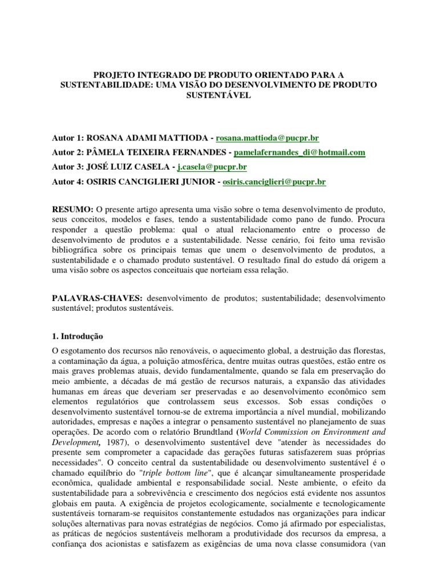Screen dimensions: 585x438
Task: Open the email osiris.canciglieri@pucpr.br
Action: click(x=274, y=182)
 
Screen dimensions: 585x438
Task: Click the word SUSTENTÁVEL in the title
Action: click(x=219, y=95)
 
